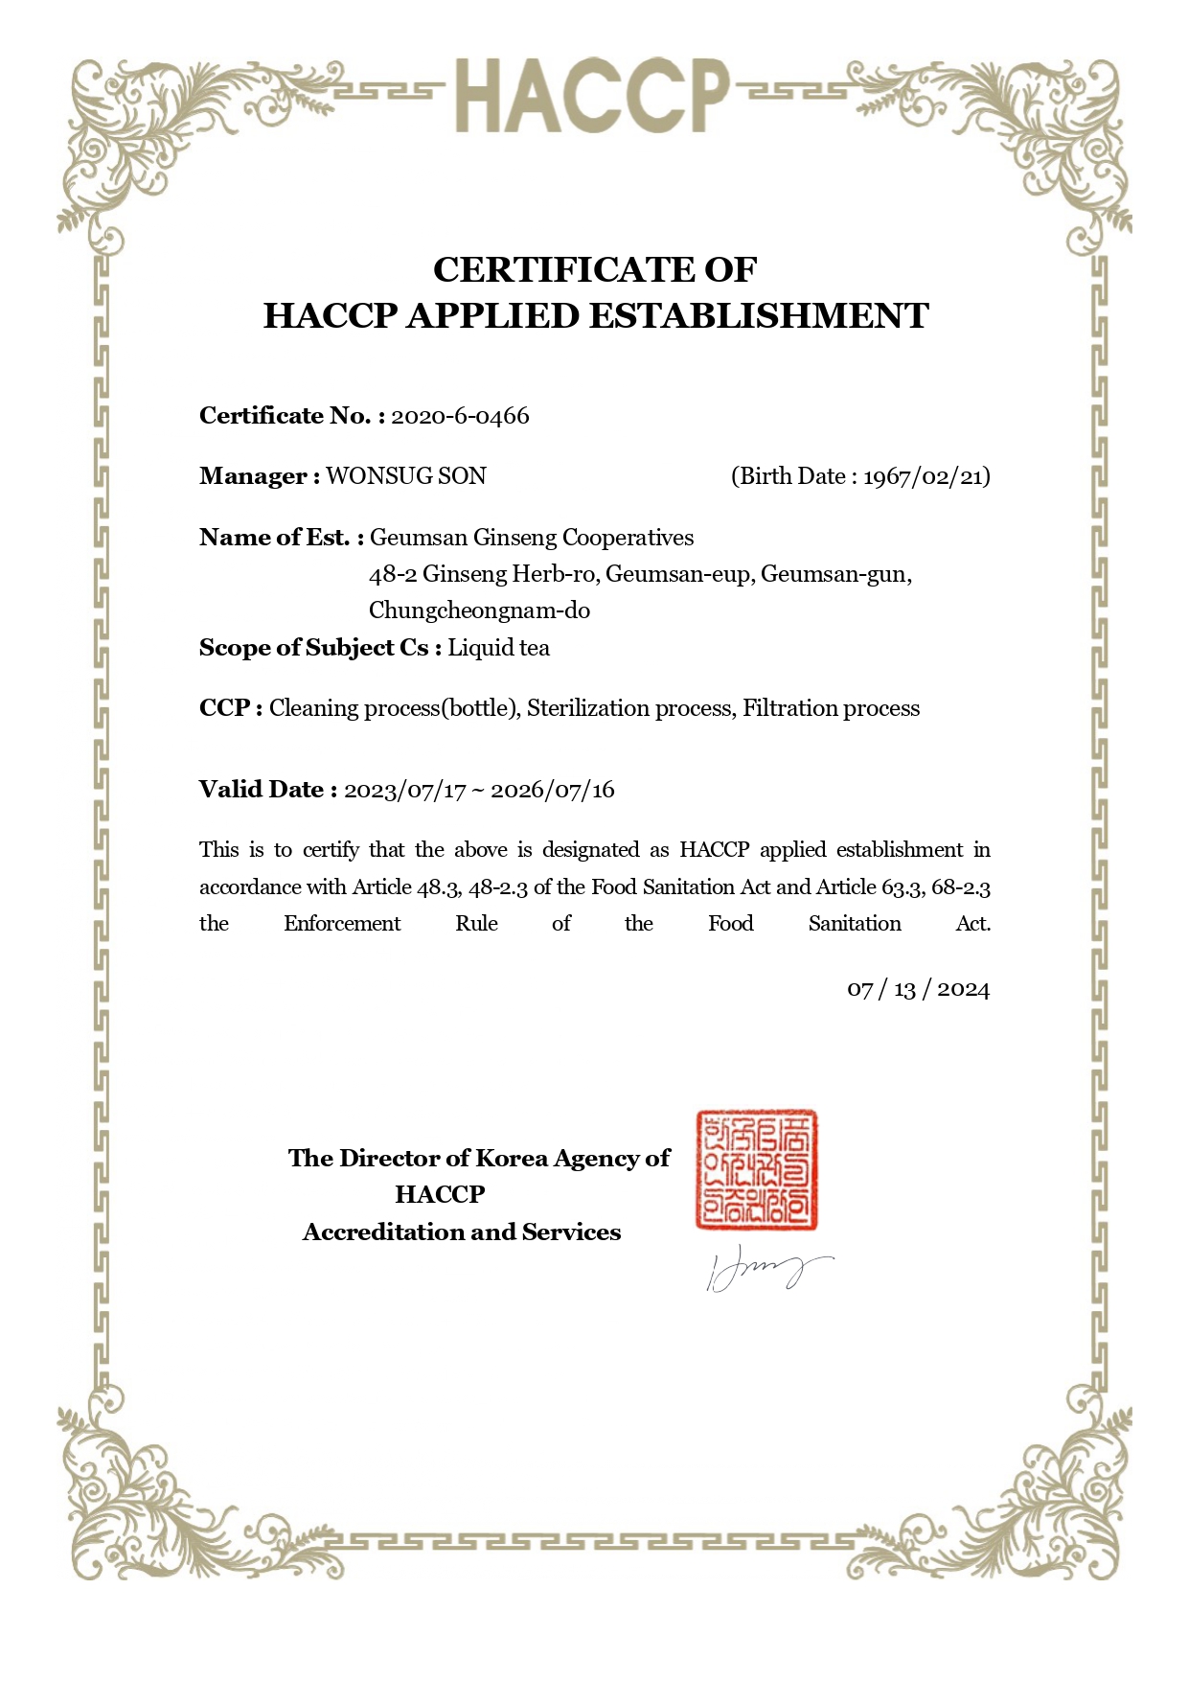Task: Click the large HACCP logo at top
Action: click(592, 96)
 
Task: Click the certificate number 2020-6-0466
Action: click(460, 416)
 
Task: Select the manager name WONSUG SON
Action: click(406, 476)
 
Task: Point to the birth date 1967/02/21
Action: click(925, 476)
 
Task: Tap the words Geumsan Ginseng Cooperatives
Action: click(532, 538)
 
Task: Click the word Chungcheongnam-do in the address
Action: click(479, 610)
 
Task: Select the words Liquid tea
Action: click(499, 648)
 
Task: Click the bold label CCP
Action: click(225, 708)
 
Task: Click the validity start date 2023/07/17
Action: click(405, 791)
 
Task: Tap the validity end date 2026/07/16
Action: click(553, 791)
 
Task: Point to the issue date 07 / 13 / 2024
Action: click(918, 989)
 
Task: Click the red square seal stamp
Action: click(757, 1170)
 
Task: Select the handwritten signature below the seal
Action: click(766, 1271)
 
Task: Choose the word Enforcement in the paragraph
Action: click(342, 924)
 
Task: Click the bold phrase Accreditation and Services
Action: click(462, 1232)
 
